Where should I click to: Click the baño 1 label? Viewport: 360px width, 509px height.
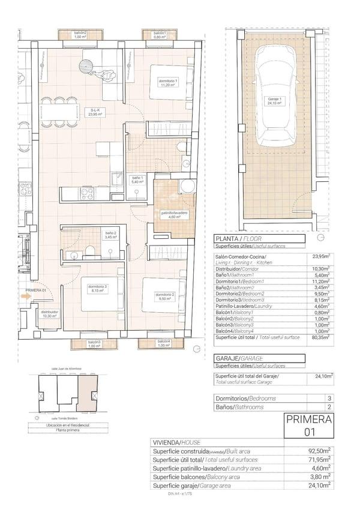tap(137, 179)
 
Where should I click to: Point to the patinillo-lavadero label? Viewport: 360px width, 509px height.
tap(174, 215)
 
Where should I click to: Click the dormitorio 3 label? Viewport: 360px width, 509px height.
tap(97, 289)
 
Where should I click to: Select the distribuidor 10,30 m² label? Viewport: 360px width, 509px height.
tap(49, 314)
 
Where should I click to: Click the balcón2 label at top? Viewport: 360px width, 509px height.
tap(80, 35)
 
